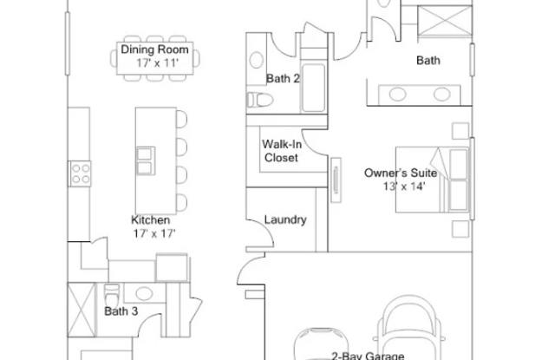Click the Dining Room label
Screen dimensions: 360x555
155,50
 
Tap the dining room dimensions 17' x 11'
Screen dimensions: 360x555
155,63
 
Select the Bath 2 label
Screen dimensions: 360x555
283,79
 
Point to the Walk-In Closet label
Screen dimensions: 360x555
280,152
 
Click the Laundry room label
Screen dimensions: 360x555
285,220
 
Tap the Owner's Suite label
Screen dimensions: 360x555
400,173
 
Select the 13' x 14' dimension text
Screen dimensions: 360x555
404,186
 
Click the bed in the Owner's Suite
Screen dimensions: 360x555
434,179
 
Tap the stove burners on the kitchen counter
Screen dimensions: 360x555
81,173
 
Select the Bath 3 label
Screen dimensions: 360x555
121,311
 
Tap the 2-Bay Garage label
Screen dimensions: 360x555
368,355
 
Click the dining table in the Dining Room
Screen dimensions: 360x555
155,57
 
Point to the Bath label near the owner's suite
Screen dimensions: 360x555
428,61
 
